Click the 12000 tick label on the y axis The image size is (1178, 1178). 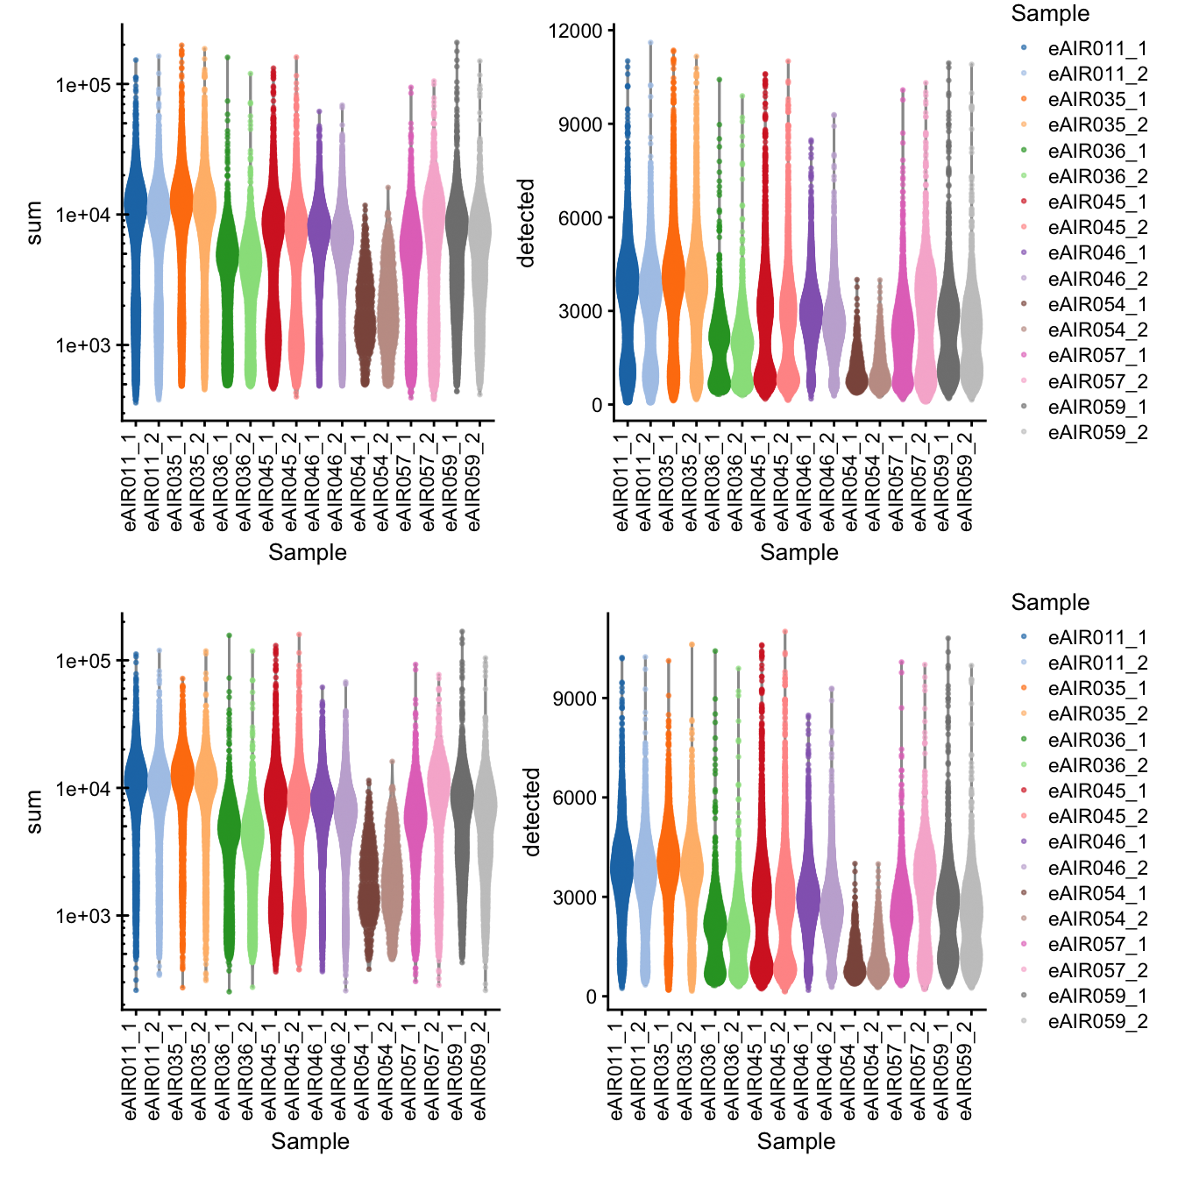(x=575, y=31)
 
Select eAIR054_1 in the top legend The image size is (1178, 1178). (x=1097, y=304)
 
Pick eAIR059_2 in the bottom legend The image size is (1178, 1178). (x=1097, y=1021)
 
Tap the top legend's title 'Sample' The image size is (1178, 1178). (x=1050, y=14)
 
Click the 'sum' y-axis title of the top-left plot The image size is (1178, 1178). (x=34, y=223)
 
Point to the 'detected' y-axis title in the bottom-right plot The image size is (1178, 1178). (x=531, y=812)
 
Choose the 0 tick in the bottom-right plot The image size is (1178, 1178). (x=592, y=997)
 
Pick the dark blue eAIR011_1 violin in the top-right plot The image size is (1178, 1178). (x=627, y=289)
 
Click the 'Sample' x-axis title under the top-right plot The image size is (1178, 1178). (x=798, y=552)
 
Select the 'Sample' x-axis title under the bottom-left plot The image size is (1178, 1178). (x=309, y=1141)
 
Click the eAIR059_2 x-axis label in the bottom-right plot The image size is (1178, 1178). (x=966, y=1070)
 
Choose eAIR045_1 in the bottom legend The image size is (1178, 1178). (x=1097, y=791)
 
